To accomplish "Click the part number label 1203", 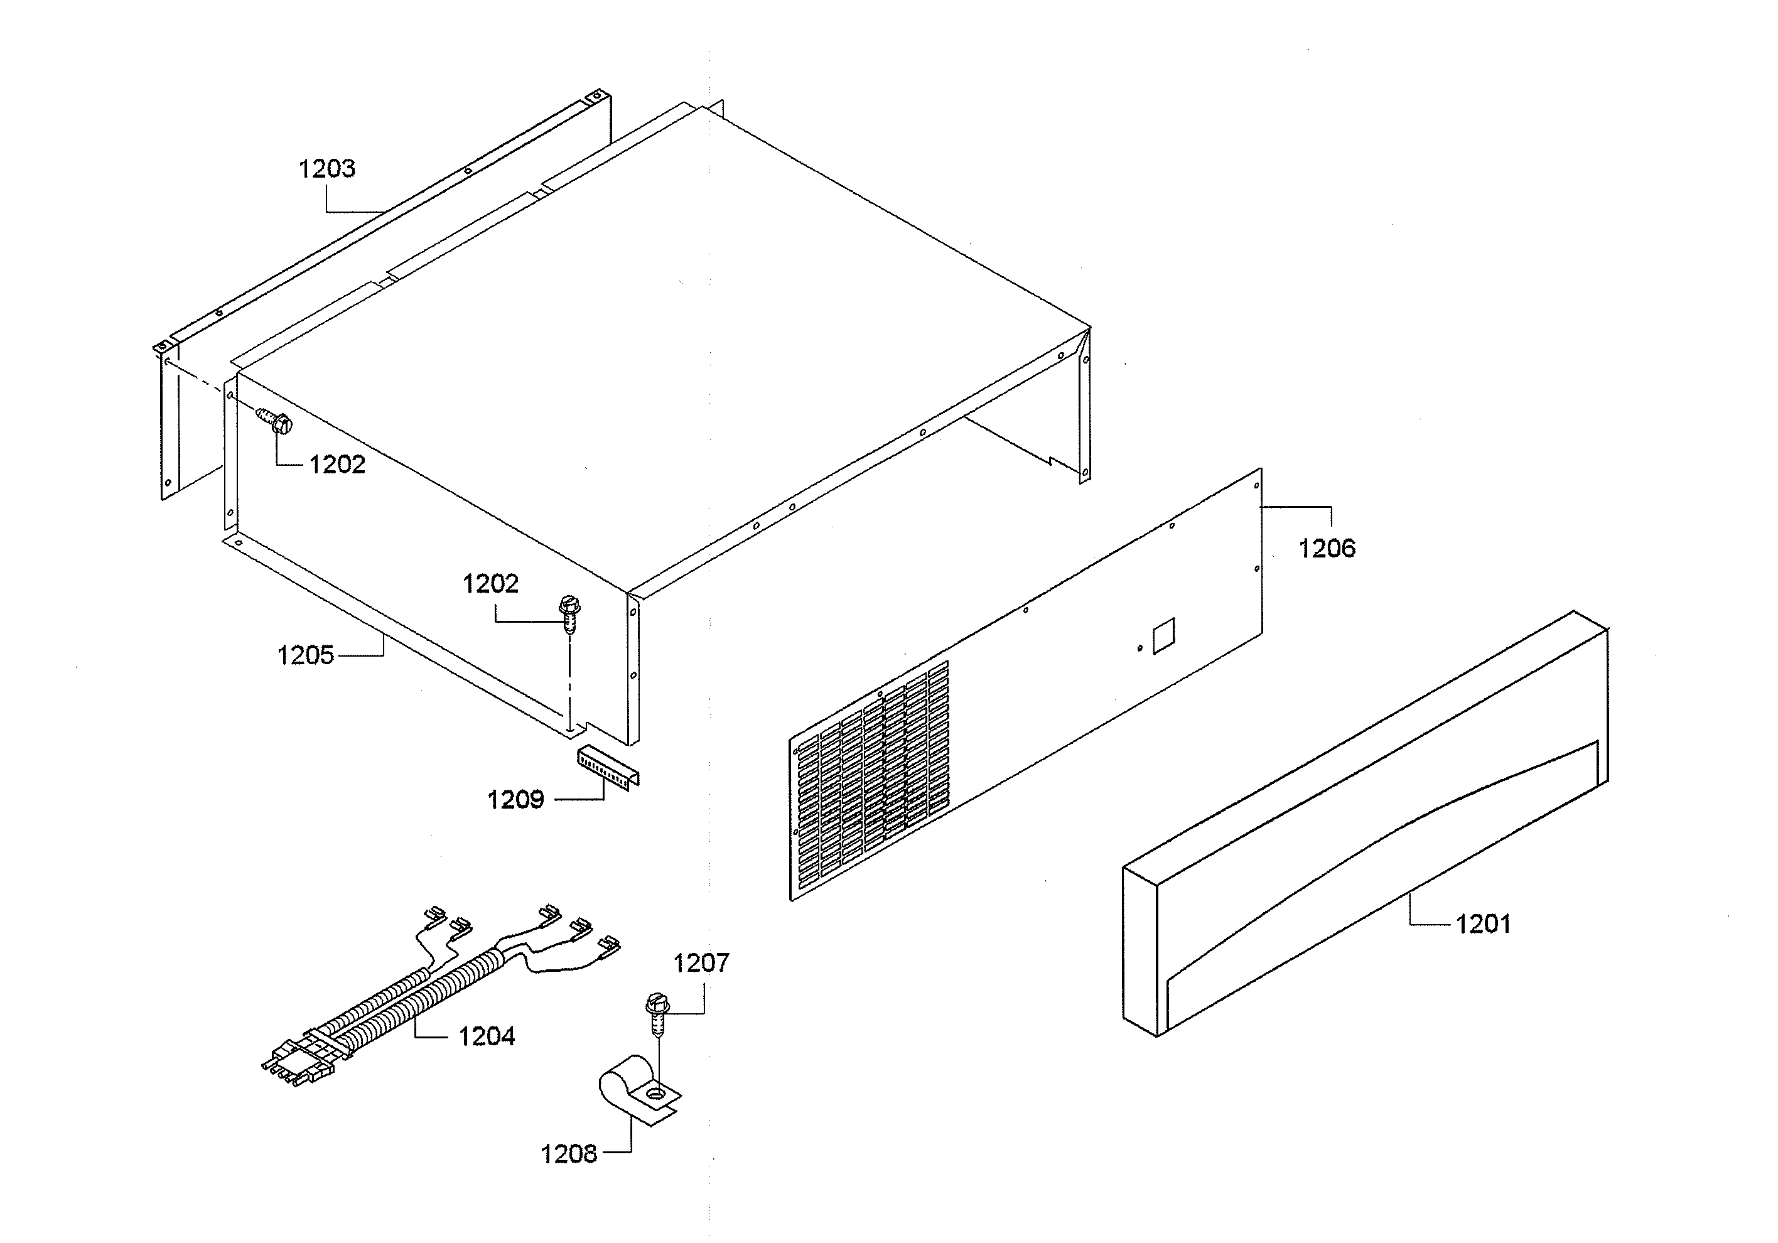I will (x=327, y=168).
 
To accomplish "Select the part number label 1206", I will (x=1327, y=548).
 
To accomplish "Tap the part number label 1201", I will (x=1483, y=924).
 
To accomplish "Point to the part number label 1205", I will (x=305, y=655).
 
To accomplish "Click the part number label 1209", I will (x=515, y=799).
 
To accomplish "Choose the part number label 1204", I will (x=487, y=1036).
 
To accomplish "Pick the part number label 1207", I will (x=701, y=964).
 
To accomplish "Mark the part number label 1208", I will (x=568, y=1154).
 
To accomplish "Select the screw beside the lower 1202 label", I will (x=569, y=613).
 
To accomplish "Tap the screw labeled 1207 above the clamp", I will (x=657, y=1014).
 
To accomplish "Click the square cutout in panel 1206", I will (x=1163, y=635).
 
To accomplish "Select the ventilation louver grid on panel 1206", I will (x=871, y=782).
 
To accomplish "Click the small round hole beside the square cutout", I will (x=1139, y=647).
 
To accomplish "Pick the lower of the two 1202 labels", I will (x=490, y=584).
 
